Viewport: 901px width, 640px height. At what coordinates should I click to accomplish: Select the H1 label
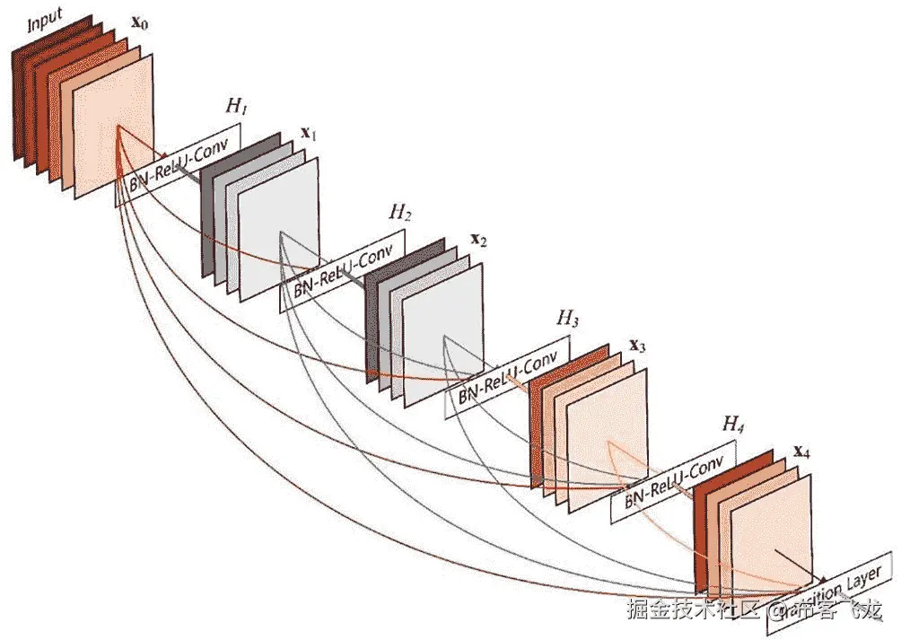236,108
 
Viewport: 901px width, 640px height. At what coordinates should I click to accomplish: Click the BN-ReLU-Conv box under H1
179,165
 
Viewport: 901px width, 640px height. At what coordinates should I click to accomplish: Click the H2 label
400,213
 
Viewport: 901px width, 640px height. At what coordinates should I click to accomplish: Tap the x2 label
478,241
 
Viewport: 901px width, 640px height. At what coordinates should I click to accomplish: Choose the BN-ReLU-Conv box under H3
508,374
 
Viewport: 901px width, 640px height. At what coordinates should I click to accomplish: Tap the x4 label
801,452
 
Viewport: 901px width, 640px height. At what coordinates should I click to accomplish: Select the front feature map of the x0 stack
115,126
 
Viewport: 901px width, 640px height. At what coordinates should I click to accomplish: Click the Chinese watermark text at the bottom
754,612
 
